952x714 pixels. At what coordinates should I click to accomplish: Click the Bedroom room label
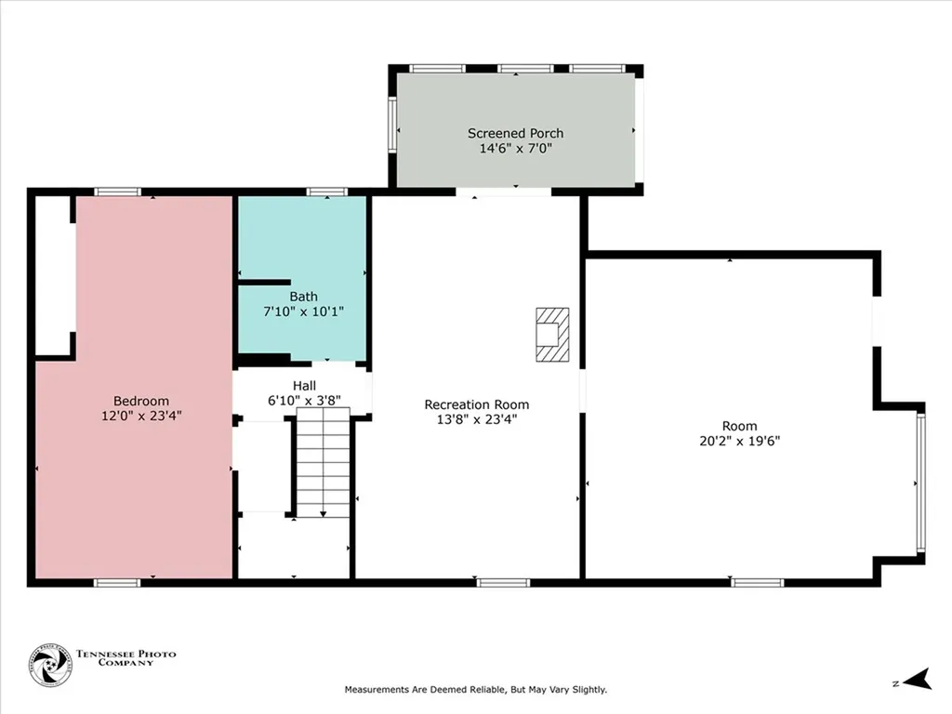pos(141,401)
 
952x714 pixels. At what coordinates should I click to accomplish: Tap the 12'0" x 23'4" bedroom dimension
pos(141,416)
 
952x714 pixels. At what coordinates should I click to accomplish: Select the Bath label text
pos(304,297)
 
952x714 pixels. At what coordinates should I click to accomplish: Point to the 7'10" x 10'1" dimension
pos(304,311)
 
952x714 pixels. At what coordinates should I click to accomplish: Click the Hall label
pos(304,386)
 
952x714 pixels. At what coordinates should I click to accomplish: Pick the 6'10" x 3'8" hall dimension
pos(304,401)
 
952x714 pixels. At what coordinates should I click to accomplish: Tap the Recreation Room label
pos(477,404)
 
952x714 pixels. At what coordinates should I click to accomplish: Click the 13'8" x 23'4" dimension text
pos(477,419)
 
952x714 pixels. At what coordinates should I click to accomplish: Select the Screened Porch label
pos(515,133)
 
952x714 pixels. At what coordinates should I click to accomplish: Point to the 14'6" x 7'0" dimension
pos(515,148)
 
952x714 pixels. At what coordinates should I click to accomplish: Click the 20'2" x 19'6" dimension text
pos(739,441)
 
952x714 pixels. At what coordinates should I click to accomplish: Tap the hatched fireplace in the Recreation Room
pos(552,335)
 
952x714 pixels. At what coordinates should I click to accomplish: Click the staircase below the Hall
pos(323,462)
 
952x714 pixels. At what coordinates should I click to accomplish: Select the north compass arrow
pos(918,680)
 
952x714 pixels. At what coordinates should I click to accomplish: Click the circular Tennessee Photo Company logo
pos(50,666)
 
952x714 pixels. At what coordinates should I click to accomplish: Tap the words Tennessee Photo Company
pos(126,658)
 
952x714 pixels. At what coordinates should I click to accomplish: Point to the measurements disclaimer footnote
pos(476,690)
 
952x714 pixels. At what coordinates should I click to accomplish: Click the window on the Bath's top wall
pos(327,192)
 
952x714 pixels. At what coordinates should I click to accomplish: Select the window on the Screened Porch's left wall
pos(392,125)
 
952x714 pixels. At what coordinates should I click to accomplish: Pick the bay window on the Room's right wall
pos(921,482)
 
